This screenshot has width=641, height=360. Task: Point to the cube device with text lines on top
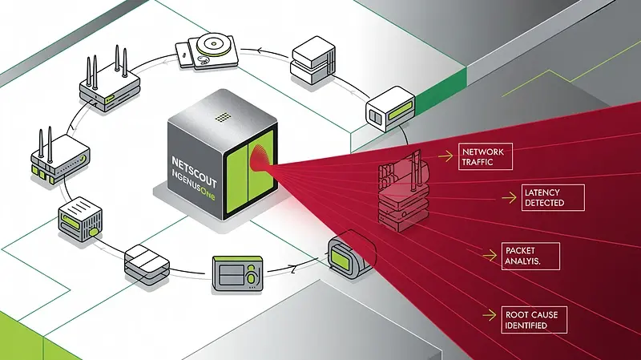(79, 218)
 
